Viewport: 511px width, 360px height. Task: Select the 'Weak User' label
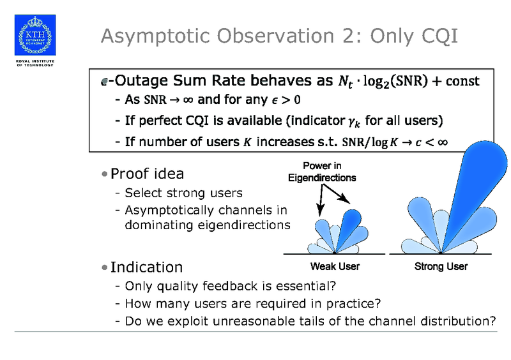tap(334, 266)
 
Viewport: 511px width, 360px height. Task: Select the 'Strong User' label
tap(441, 266)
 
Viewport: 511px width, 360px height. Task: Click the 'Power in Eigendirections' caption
tap(321, 172)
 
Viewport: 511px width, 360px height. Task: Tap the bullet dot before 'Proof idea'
tap(104, 174)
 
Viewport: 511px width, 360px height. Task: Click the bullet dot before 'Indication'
tap(104, 267)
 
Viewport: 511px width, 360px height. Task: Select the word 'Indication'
tap(146, 267)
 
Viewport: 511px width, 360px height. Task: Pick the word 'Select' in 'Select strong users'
tap(142, 193)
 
